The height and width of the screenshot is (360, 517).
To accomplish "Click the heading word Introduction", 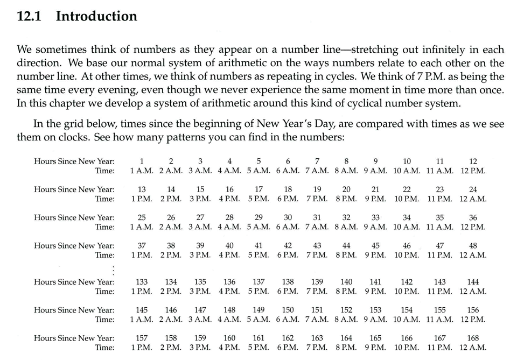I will click(96, 16).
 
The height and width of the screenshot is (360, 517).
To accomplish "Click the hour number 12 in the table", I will click(473, 161).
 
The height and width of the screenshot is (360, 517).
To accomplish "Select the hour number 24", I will click(473, 189).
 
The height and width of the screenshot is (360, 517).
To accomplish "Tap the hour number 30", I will click(288, 217).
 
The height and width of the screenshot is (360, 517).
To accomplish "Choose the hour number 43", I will click(317, 246).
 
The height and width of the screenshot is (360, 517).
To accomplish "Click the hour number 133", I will click(142, 282).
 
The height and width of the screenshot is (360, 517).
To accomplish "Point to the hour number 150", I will click(288, 310).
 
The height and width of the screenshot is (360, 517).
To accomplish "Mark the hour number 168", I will click(473, 338).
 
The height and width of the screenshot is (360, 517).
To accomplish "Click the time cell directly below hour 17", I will click(259, 199).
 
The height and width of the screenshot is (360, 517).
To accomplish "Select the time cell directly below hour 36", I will click(473, 227).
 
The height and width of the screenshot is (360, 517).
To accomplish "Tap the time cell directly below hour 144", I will click(473, 292).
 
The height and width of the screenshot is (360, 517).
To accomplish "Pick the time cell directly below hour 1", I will click(142, 171).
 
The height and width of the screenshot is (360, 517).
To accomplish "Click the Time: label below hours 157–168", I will click(105, 348).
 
